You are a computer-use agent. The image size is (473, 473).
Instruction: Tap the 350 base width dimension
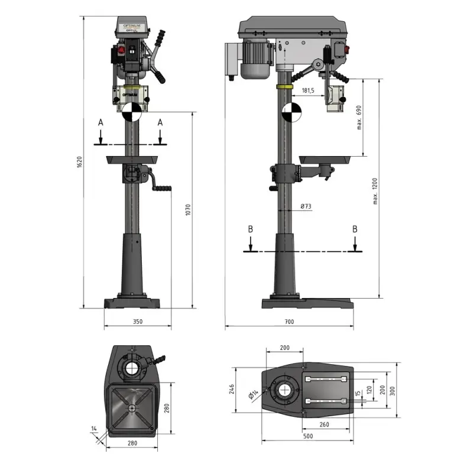[137, 322]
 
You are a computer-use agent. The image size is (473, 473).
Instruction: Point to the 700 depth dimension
[289, 322]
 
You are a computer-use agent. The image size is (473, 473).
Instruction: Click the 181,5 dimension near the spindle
[308, 90]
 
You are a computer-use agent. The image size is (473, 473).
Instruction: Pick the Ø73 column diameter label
[306, 206]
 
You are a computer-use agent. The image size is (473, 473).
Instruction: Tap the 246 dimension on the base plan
[232, 389]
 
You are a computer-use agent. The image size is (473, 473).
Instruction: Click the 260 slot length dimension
[324, 425]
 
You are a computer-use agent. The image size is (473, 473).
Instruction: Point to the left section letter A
[101, 122]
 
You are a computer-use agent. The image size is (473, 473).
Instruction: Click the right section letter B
[355, 229]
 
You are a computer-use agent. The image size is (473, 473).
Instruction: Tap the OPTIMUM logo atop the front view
[130, 27]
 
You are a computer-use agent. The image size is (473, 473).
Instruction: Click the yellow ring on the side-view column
[285, 86]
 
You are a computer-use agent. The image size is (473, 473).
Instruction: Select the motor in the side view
[254, 58]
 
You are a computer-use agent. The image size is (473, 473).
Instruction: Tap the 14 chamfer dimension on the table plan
[94, 427]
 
